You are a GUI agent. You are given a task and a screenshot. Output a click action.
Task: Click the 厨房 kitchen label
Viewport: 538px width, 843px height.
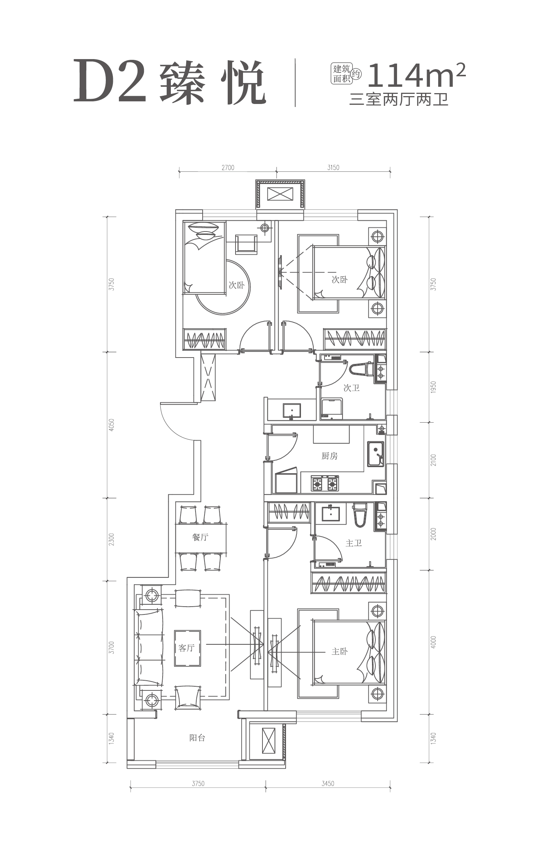(329, 456)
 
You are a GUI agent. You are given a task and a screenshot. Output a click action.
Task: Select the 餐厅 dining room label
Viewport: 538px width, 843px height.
(200, 537)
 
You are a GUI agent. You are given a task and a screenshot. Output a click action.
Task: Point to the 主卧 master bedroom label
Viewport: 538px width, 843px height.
(339, 652)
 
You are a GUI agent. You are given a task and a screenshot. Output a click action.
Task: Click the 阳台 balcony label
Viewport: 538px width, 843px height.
(197, 738)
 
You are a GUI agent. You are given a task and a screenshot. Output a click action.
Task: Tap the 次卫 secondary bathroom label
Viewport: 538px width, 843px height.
(351, 388)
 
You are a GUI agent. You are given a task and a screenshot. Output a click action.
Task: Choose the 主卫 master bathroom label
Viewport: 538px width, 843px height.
(353, 543)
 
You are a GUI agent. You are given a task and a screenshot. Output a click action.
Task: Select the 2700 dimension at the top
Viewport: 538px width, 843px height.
(228, 168)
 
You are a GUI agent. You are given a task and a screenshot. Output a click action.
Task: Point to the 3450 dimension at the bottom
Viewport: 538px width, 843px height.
(328, 784)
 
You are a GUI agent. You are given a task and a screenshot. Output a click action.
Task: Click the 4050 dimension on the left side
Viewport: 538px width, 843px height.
(111, 425)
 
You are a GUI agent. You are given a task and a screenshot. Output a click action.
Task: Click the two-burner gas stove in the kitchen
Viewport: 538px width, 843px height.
(325, 484)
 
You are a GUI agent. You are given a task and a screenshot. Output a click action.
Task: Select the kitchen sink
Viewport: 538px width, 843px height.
(375, 454)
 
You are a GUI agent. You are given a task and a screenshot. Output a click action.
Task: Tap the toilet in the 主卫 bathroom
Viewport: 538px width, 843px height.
(360, 515)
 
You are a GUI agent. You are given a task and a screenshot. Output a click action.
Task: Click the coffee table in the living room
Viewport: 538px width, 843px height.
(187, 648)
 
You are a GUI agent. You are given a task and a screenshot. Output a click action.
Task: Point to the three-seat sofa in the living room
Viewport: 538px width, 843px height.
(149, 647)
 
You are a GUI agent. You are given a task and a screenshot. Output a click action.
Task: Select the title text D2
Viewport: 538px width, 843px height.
(110, 81)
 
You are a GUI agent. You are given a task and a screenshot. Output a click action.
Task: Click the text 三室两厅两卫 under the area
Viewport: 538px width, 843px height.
(399, 100)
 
